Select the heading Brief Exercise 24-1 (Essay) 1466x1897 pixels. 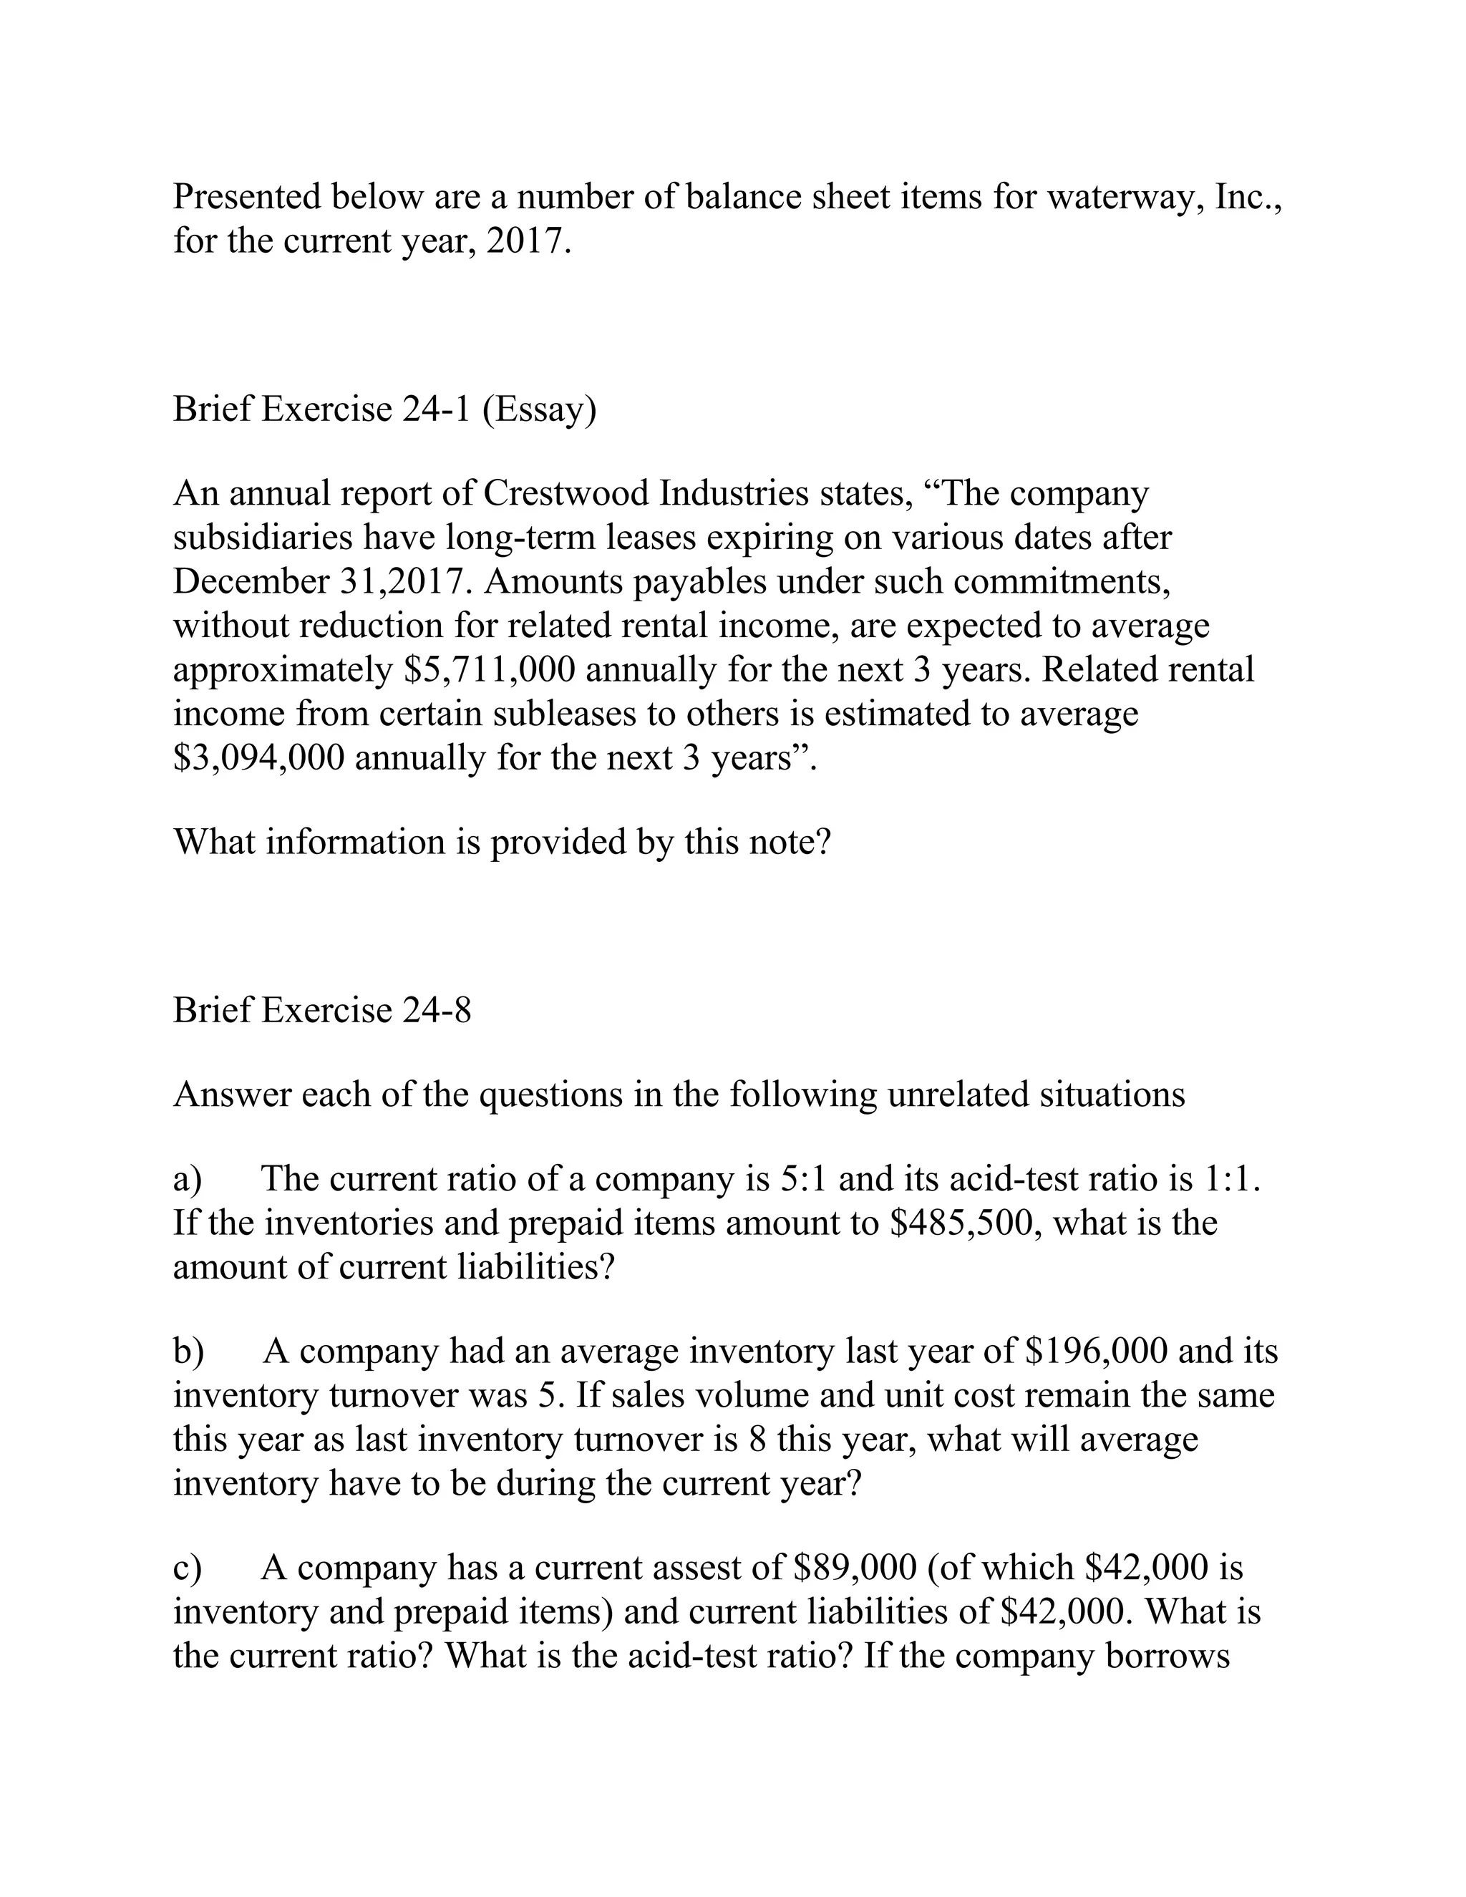(x=384, y=408)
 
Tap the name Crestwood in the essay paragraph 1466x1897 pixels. (x=565, y=493)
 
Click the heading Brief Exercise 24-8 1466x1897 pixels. (x=322, y=1010)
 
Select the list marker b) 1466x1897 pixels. (x=188, y=1351)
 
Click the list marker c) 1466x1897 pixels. (x=187, y=1568)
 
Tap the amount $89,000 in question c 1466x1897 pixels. (x=855, y=1568)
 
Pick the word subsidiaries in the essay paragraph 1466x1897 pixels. (x=262, y=538)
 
